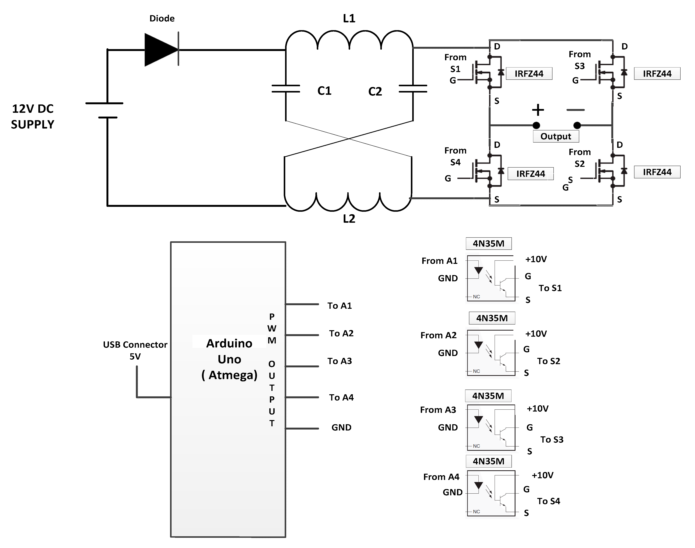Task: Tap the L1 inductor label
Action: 349,18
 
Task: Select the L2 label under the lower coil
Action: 349,219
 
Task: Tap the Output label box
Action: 556,136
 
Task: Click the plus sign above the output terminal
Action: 538,110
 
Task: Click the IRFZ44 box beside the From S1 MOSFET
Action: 529,74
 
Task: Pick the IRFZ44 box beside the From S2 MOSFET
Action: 657,172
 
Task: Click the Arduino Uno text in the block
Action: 229,351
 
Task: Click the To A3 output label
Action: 340,361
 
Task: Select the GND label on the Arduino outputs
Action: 341,427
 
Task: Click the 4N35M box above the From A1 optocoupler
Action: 489,244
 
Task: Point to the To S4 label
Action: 548,501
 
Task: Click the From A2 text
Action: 438,335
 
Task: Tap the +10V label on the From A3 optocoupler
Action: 537,408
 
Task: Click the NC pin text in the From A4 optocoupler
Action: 476,511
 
